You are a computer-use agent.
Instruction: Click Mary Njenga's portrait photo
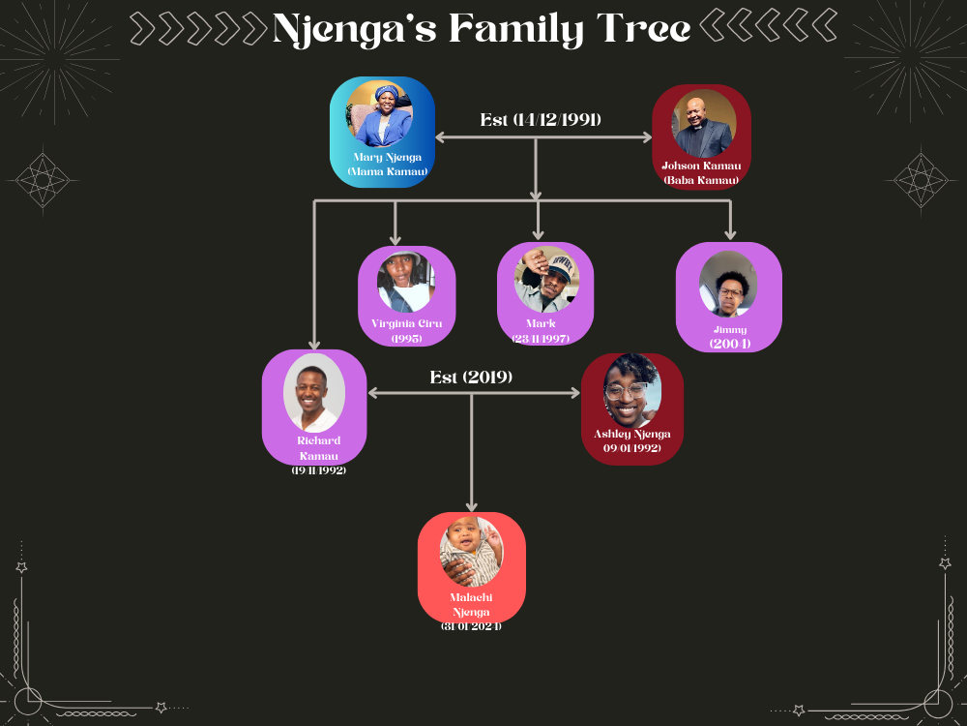pos(379,113)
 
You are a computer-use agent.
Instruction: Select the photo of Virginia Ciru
pos(406,282)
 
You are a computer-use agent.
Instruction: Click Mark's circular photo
pos(546,279)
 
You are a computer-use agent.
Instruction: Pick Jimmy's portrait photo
pos(728,284)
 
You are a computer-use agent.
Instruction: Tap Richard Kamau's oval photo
pos(314,393)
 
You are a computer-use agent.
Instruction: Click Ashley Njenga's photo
pos(632,390)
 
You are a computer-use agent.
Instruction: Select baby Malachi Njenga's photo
pos(472,552)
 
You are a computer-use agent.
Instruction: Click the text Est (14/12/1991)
pos(541,120)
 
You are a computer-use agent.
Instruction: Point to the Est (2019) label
pos(471,378)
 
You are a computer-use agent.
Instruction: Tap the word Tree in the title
pos(643,28)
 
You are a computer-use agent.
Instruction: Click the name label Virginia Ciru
pos(406,323)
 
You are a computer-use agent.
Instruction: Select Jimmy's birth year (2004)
pos(730,344)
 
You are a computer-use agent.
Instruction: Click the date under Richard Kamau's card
pos(319,470)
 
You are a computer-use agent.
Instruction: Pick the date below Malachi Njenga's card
pos(471,626)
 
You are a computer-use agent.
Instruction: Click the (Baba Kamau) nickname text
pos(701,180)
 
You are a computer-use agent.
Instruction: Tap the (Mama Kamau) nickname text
pos(388,171)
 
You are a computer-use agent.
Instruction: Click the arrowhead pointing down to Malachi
pos(472,506)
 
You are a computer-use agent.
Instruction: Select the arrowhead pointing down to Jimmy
pos(730,234)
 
